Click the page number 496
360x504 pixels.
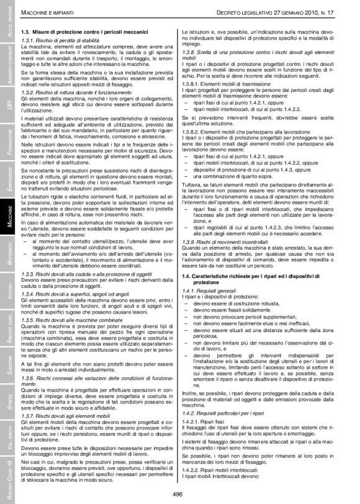point(180,493)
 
